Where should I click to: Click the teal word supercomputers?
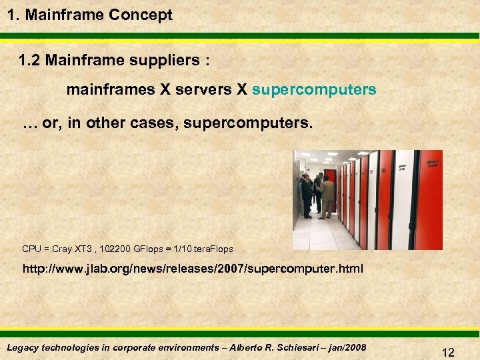[x=315, y=89]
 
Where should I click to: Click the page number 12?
[x=448, y=353]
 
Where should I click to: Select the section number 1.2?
[x=31, y=61]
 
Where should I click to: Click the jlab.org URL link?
[x=193, y=270]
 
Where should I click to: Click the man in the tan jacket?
[x=327, y=195]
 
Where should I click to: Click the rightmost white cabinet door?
[x=404, y=199]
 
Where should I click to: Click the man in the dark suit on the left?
[x=306, y=195]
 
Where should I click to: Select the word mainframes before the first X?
[x=110, y=89]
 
